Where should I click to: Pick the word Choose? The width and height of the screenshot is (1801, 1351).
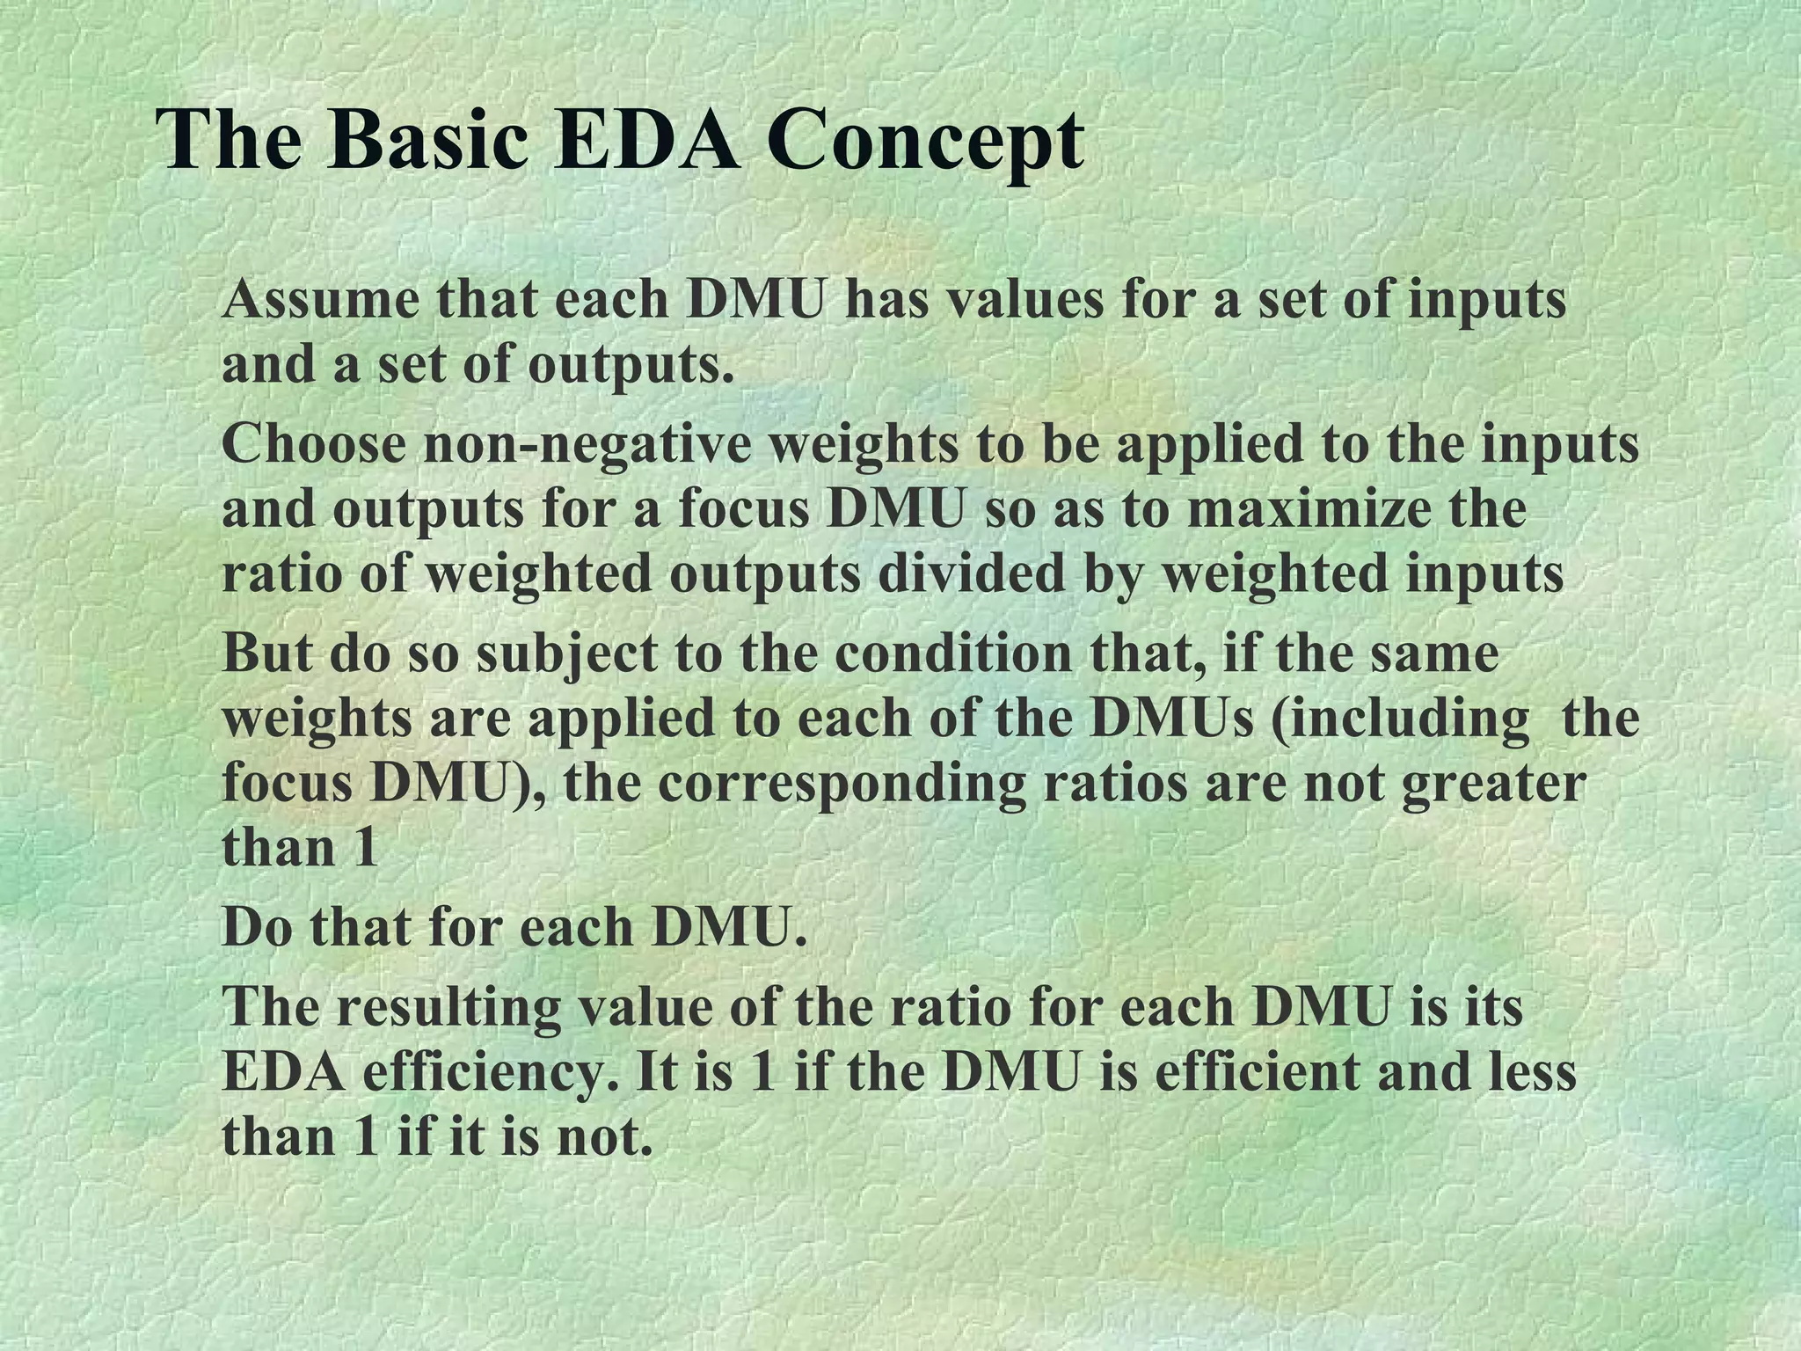(314, 444)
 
